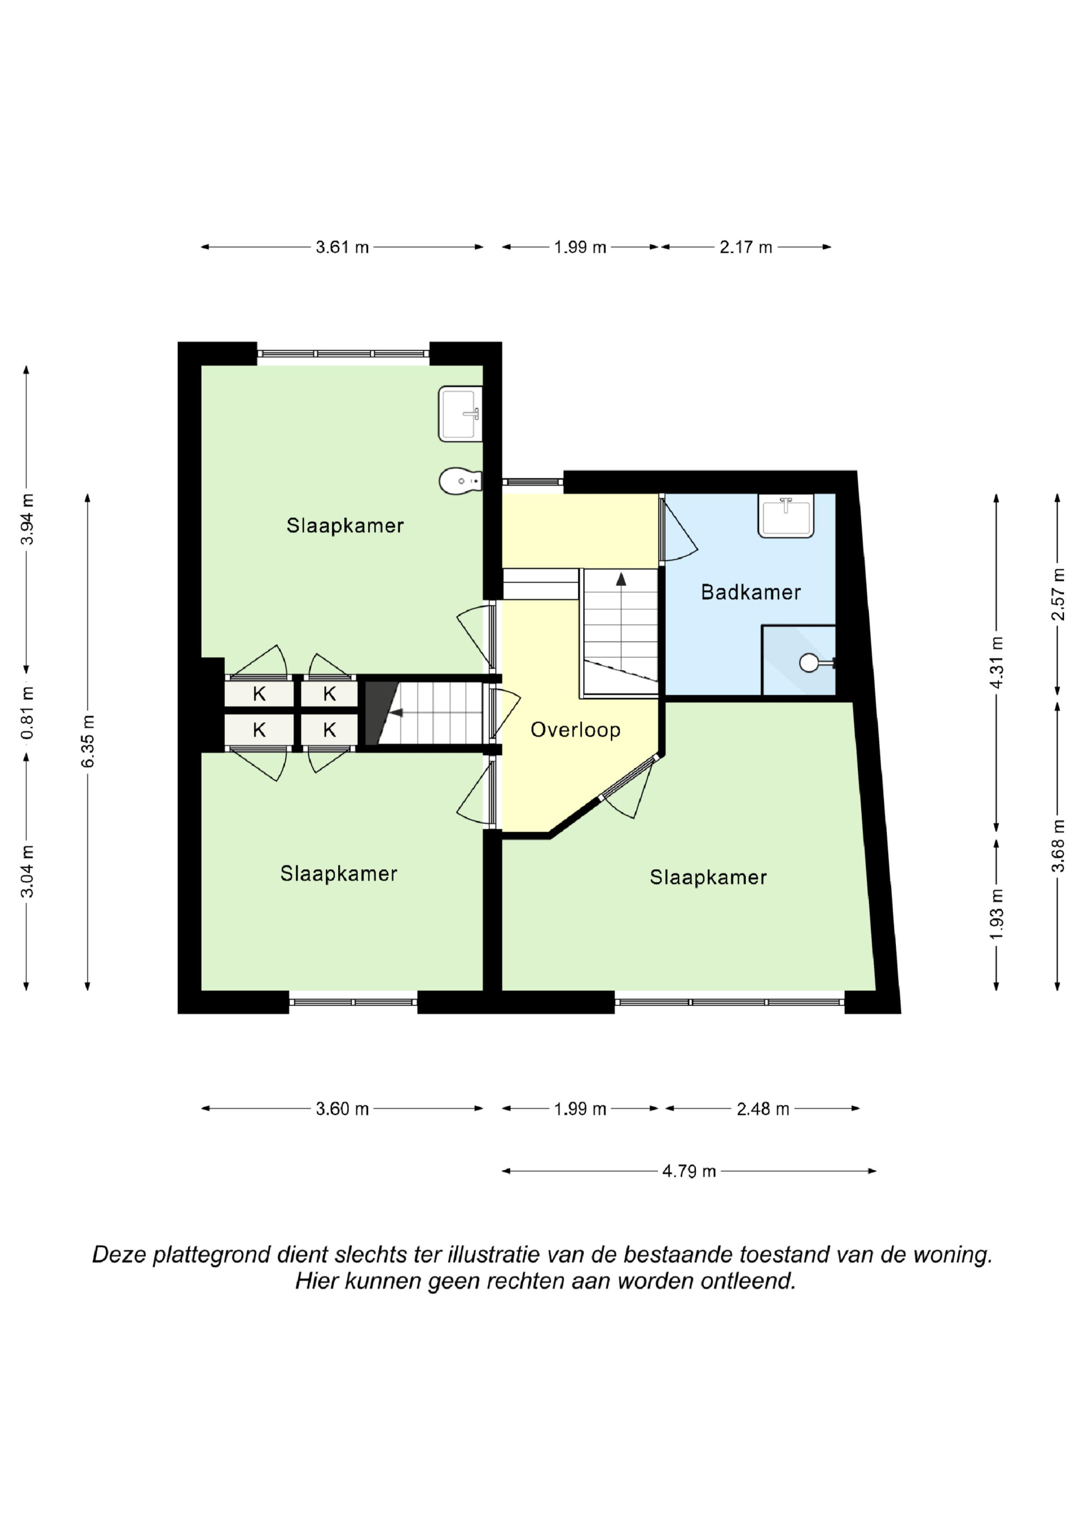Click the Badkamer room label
click(x=751, y=592)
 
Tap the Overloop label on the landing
click(x=576, y=730)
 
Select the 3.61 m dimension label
click(x=342, y=247)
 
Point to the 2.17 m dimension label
click(x=745, y=247)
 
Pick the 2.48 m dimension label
click(x=763, y=1109)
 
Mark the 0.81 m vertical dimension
click(x=27, y=713)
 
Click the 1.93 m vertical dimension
click(x=997, y=913)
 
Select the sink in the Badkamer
click(x=785, y=515)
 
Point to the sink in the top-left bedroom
click(x=460, y=414)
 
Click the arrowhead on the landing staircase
click(x=621, y=579)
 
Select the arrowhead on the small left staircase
click(x=396, y=713)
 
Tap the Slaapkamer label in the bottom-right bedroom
click(x=708, y=877)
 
